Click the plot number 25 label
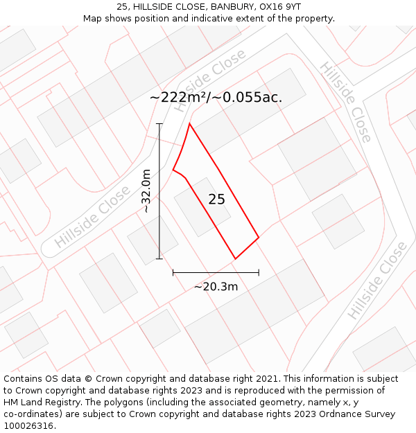click(216, 200)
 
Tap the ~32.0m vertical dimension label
click(146, 191)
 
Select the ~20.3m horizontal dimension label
click(216, 286)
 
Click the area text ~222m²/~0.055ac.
click(216, 97)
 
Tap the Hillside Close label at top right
click(345, 101)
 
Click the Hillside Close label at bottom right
click(377, 280)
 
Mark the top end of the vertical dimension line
click(159, 124)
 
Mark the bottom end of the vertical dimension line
click(159, 259)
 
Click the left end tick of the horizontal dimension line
click(173, 273)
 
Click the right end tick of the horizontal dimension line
click(259, 273)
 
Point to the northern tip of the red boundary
click(190, 124)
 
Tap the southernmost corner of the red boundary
click(235, 259)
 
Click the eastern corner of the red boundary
click(259, 238)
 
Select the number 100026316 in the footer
click(27, 425)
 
